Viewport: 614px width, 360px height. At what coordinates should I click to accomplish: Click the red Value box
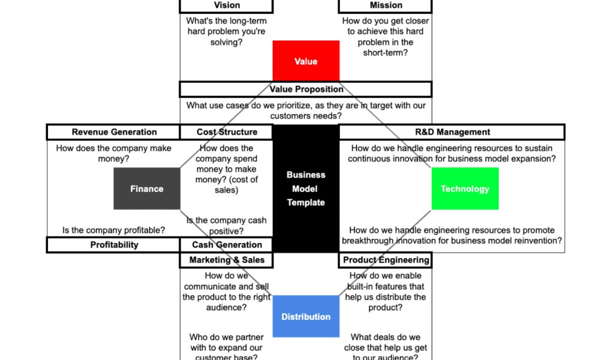(x=306, y=61)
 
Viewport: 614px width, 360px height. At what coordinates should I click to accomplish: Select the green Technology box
(x=465, y=188)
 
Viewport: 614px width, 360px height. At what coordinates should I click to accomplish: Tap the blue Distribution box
(x=306, y=316)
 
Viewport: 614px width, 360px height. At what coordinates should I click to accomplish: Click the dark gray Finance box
(x=147, y=188)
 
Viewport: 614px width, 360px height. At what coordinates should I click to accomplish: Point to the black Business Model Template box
(x=306, y=188)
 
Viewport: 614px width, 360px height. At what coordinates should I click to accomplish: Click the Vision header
(x=227, y=5)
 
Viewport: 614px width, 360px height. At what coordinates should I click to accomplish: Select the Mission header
(x=386, y=5)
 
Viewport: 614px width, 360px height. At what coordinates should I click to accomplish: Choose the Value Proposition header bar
(x=306, y=89)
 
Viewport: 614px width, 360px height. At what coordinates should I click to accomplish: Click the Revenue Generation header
(x=114, y=132)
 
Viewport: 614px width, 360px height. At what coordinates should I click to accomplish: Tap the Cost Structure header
(x=227, y=132)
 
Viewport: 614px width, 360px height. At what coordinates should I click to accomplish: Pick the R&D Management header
(x=452, y=132)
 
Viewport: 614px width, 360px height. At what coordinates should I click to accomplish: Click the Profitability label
(x=114, y=245)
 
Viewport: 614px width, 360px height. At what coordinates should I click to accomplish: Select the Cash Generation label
(x=227, y=245)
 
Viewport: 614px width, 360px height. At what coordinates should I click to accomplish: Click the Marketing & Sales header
(x=227, y=260)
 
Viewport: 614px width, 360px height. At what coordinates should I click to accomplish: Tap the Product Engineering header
(x=386, y=260)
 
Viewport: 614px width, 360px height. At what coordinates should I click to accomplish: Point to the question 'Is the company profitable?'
(x=114, y=230)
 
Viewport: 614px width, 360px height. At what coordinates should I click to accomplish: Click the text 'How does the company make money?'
(x=114, y=154)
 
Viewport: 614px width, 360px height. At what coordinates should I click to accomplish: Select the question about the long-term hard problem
(x=227, y=32)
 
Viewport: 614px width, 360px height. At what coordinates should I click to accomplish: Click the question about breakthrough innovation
(x=452, y=235)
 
